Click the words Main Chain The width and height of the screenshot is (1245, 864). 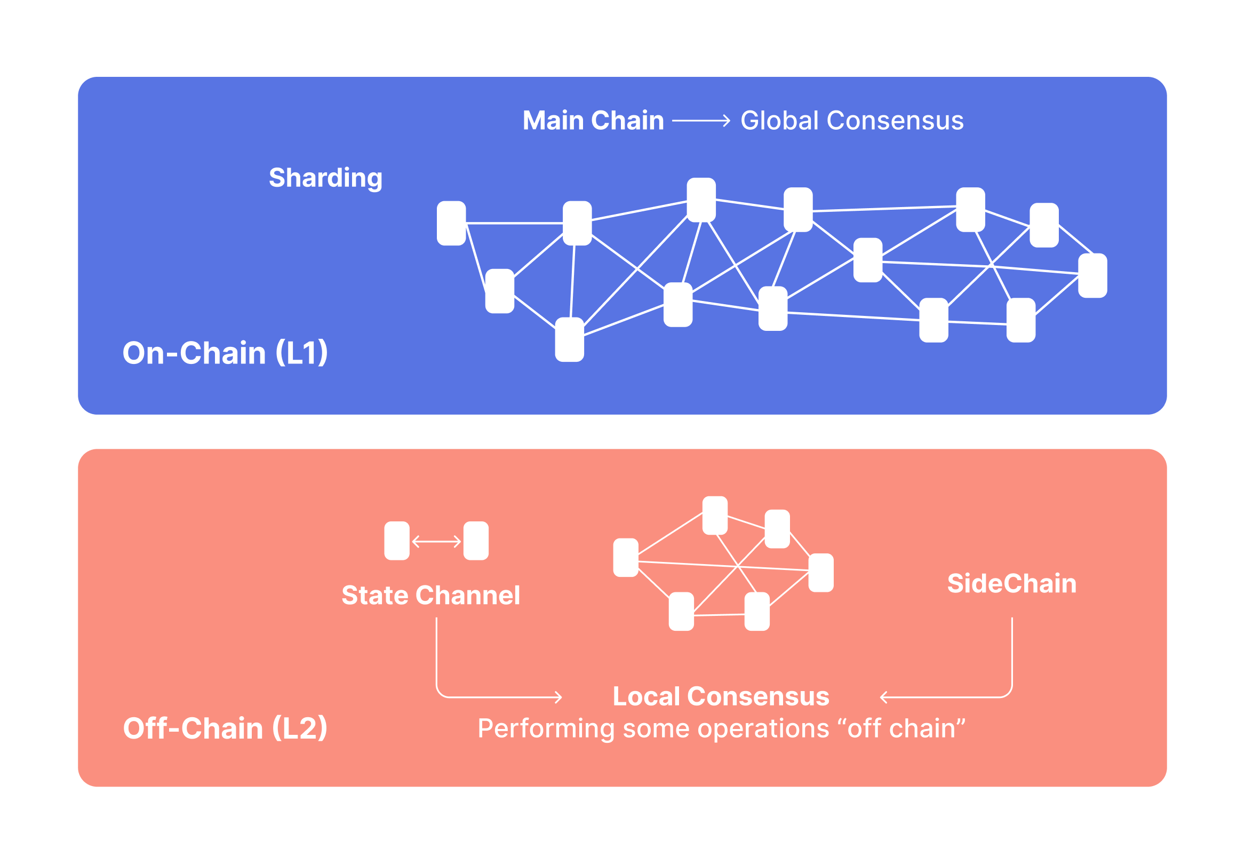click(x=593, y=120)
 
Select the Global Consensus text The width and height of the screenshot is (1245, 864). click(x=852, y=120)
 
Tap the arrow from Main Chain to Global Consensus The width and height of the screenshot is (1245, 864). click(x=701, y=121)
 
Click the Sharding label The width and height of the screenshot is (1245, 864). click(x=325, y=178)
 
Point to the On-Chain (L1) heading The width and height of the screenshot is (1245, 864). click(x=225, y=353)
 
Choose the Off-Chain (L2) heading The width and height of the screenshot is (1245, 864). click(x=225, y=728)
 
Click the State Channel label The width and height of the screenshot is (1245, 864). click(x=430, y=596)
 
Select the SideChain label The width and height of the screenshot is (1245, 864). click(x=1012, y=584)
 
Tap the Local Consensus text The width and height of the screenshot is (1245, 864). click(x=721, y=696)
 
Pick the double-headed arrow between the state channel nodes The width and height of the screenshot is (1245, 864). click(x=436, y=541)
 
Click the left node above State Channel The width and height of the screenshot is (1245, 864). click(x=397, y=541)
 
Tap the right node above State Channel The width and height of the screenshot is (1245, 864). click(x=476, y=541)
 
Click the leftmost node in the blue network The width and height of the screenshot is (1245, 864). click(x=451, y=223)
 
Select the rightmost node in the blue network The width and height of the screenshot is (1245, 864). click(x=1092, y=275)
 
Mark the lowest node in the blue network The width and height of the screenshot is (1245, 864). click(x=569, y=339)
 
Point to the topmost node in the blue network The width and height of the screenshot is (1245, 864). click(x=701, y=200)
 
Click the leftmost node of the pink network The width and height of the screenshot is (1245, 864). click(x=626, y=558)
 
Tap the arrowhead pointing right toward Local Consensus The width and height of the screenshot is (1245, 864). click(x=559, y=697)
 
